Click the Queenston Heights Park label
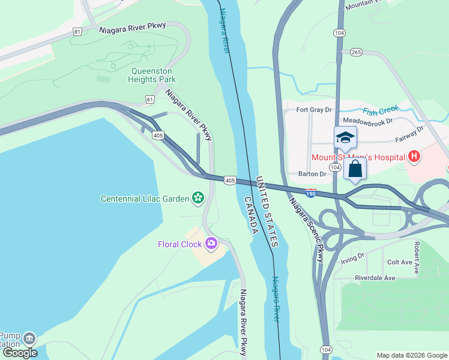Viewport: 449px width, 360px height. click(x=153, y=74)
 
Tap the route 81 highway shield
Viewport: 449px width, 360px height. click(x=76, y=32)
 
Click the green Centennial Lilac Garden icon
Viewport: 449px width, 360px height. click(x=197, y=198)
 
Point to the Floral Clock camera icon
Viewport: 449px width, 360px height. click(x=211, y=244)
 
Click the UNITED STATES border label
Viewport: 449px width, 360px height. click(x=268, y=212)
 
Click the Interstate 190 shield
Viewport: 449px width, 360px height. click(x=310, y=192)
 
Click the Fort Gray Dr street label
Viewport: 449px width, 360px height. click(x=315, y=110)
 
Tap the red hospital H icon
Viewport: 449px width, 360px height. click(x=413, y=158)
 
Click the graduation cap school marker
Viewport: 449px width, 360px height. click(x=345, y=137)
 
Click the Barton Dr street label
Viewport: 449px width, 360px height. click(x=312, y=174)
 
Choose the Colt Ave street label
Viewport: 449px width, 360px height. click(x=399, y=262)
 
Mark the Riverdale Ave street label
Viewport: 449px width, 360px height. click(x=375, y=278)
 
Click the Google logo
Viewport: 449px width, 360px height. click(x=20, y=353)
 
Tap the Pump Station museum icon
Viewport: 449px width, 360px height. click(x=29, y=339)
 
